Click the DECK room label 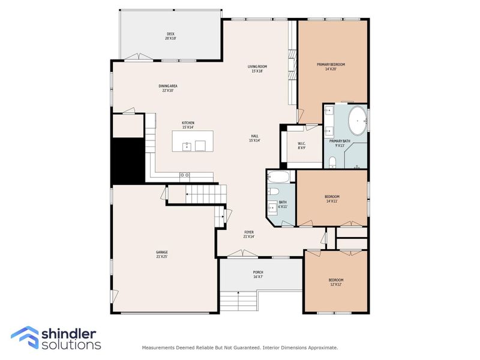(x=171, y=36)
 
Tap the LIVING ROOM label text (x=257, y=68)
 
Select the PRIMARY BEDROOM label (x=331, y=67)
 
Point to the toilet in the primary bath (x=332, y=161)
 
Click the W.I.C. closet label (x=302, y=145)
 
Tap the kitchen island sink (x=187, y=145)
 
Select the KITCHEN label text (x=188, y=125)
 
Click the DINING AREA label (x=168, y=88)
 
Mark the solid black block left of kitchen (x=127, y=160)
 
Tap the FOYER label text (x=248, y=234)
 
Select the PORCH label (x=258, y=274)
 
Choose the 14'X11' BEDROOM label (x=332, y=199)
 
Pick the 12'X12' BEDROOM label (x=335, y=282)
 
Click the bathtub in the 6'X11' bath (x=280, y=176)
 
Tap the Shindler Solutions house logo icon (x=24, y=337)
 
